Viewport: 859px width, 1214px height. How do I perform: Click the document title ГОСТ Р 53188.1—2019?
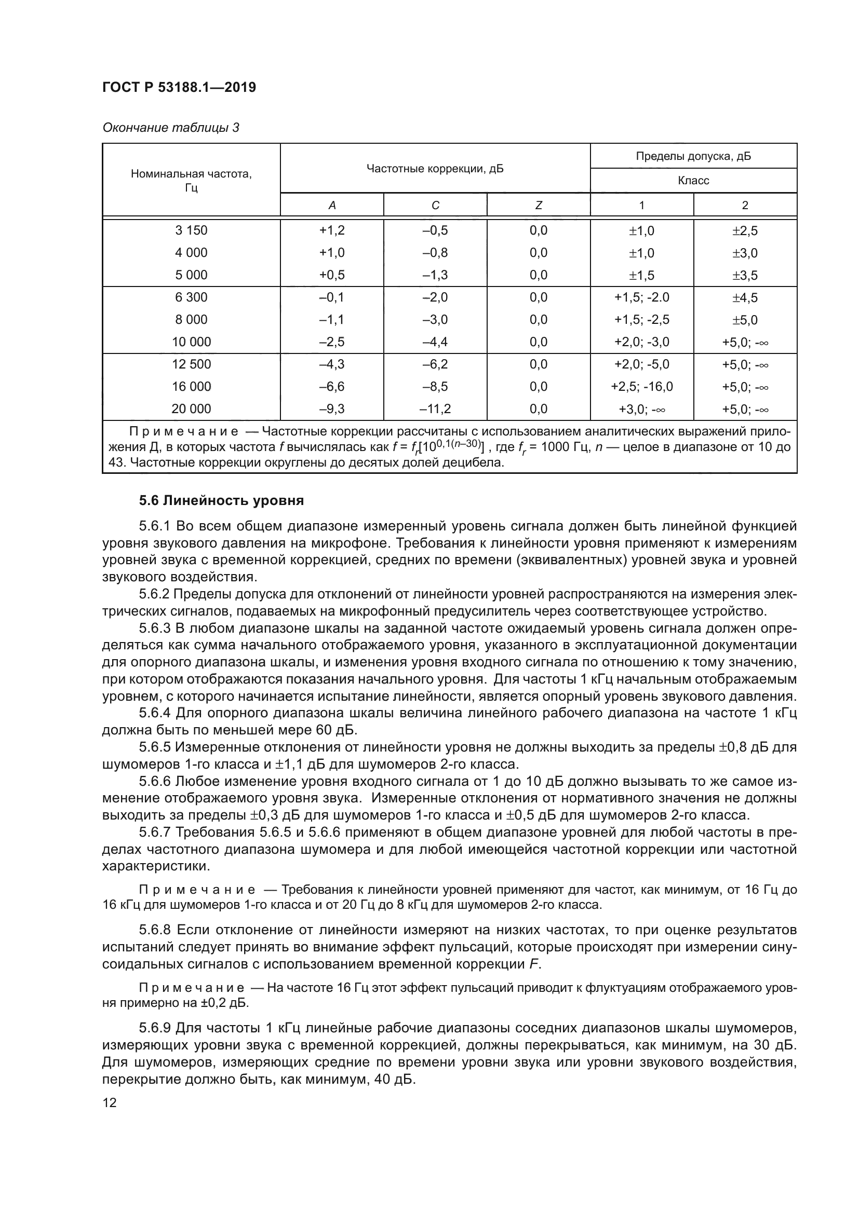[x=179, y=87]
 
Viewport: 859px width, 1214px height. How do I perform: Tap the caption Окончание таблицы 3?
[x=170, y=128]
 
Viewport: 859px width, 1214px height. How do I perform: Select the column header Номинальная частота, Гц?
[x=191, y=180]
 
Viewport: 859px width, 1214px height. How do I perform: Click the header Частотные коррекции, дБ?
[x=435, y=169]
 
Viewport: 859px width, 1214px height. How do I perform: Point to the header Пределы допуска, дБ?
[x=693, y=156]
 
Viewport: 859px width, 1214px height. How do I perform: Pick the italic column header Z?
[x=538, y=205]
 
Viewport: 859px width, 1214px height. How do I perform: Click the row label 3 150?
[x=191, y=230]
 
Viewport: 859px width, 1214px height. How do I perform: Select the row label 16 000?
[x=191, y=387]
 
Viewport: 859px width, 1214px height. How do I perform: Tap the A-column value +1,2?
[x=332, y=230]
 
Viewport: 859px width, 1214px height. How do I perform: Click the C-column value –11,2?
[x=435, y=408]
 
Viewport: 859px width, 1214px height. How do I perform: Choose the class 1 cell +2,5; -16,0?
[x=641, y=387]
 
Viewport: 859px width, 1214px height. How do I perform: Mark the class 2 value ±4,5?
[x=745, y=298]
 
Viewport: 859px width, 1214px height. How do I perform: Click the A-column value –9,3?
[x=332, y=408]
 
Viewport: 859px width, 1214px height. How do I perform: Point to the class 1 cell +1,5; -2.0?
[x=641, y=297]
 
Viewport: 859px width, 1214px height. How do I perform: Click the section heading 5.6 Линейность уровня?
[x=221, y=500]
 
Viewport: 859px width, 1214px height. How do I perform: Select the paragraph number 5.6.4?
[x=155, y=713]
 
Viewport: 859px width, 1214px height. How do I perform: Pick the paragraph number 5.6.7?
[x=155, y=832]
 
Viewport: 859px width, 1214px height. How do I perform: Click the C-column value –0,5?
[x=435, y=230]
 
